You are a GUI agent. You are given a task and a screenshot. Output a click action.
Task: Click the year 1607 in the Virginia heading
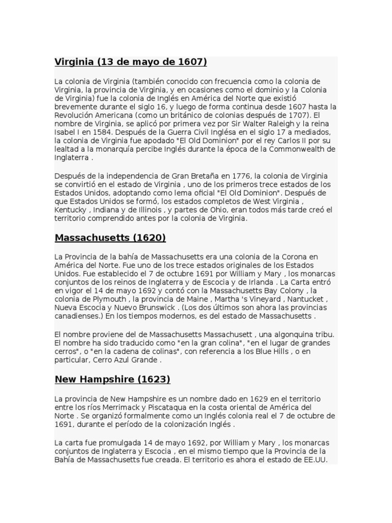pyautogui.click(x=190, y=62)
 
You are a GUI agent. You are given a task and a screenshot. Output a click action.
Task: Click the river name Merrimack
pyautogui.click(x=114, y=408)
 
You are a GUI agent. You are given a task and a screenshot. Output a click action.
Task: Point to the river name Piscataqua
pyautogui.click(x=171, y=408)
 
